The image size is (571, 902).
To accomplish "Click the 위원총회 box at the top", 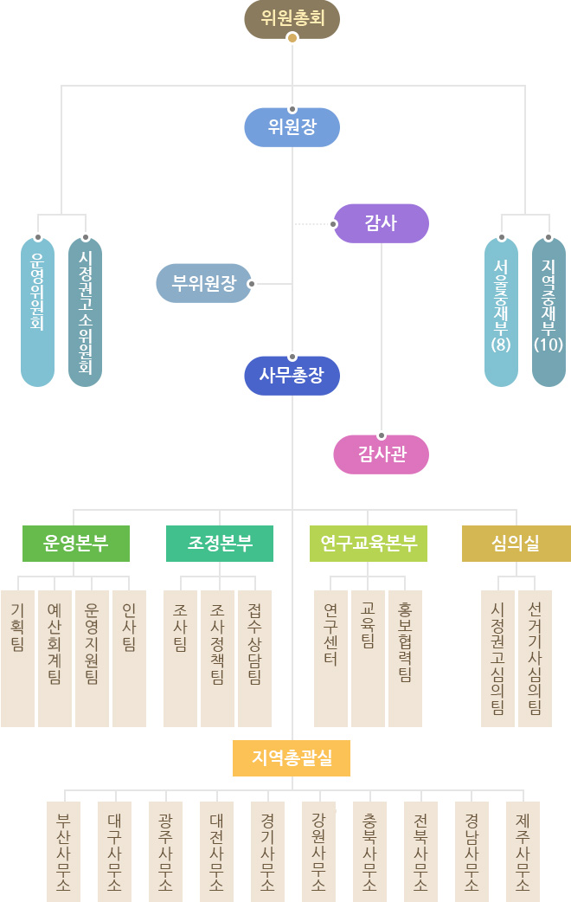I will coord(292,19).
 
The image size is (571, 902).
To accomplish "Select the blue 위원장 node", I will coord(292,128).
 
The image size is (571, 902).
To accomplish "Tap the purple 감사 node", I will coord(381,222).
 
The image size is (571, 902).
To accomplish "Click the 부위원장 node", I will coord(203,283).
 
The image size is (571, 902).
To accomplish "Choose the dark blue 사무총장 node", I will coord(292,376).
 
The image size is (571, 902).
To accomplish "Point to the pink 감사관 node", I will coord(381,454).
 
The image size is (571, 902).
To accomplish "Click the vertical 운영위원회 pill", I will coord(37,312).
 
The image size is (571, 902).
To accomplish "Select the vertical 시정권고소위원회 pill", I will coord(85,312).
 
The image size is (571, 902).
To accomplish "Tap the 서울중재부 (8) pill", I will coord(502,312).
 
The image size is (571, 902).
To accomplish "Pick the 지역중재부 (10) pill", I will coord(549,312).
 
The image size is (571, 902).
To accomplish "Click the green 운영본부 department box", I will coord(76,544).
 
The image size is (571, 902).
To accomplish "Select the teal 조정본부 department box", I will coord(219,544).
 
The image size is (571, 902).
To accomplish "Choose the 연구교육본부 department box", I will coord(368,544).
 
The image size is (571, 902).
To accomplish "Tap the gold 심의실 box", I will coord(516,544).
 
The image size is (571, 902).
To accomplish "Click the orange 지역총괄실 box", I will coord(292,758).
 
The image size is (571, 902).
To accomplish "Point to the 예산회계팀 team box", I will coord(55,658).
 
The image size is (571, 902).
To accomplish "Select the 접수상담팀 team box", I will coord(254,658).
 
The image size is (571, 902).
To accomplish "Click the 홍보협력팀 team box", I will coord(405,658).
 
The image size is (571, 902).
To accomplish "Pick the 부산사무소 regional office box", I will coord(63,851).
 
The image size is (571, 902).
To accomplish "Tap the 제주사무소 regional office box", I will coord(523,851).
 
